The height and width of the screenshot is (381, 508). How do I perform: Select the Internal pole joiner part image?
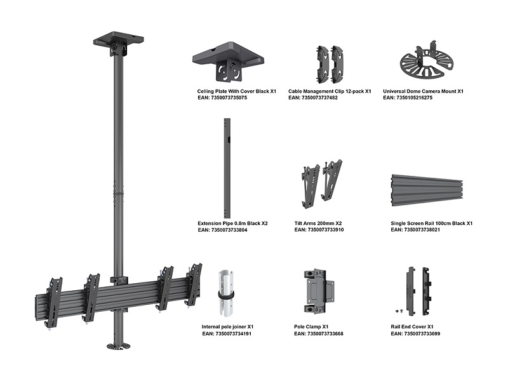click(x=226, y=293)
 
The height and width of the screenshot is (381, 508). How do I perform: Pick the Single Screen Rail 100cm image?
click(x=427, y=191)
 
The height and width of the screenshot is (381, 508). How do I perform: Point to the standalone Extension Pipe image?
click(x=227, y=168)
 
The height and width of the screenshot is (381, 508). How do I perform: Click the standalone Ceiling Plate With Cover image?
click(x=228, y=61)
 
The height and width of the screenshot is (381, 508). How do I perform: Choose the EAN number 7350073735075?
click(x=229, y=98)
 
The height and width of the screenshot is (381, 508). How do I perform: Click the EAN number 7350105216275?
click(x=415, y=98)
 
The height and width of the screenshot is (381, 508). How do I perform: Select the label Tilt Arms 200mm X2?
click(x=318, y=224)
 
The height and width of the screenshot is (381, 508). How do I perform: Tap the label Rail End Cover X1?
click(x=411, y=326)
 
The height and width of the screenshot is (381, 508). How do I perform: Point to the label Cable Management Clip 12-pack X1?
click(x=330, y=91)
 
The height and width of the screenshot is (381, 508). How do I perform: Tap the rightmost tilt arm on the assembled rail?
click(x=194, y=283)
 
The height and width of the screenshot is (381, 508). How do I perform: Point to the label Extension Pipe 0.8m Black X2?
click(x=232, y=224)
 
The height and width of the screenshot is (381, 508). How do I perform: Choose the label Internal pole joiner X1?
click(x=227, y=326)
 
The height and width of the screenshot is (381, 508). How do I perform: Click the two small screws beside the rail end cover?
click(x=399, y=311)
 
